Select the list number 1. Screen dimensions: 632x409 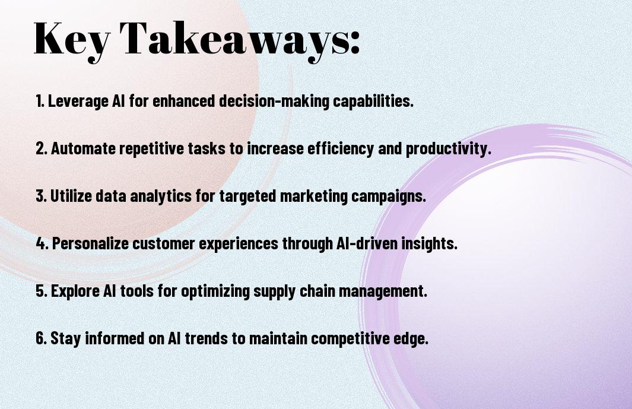(x=40, y=101)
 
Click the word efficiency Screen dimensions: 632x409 (x=342, y=149)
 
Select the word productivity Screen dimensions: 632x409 (x=449, y=149)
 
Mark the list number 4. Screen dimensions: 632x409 (x=42, y=243)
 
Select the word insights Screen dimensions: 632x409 (x=429, y=243)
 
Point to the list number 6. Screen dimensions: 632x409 (x=42, y=338)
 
